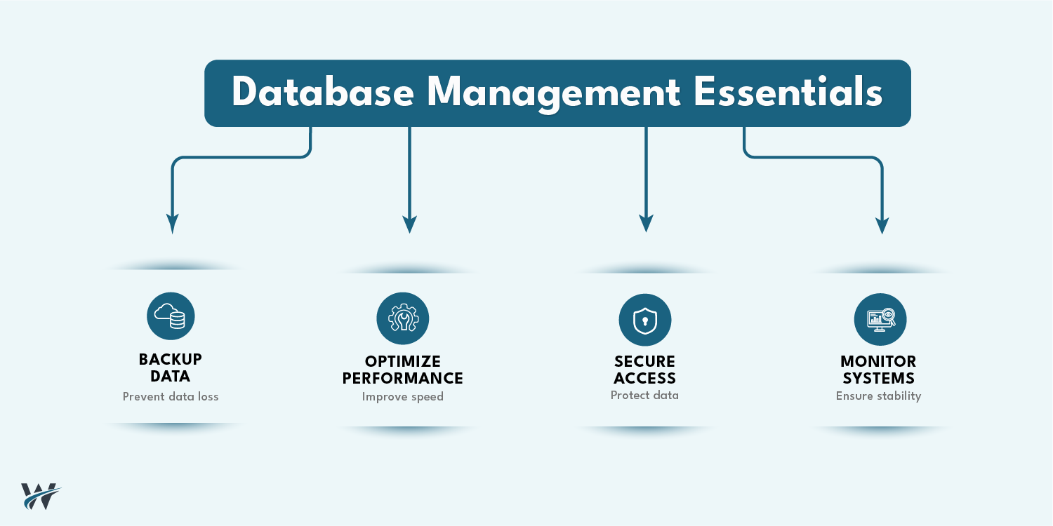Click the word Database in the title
point(322,93)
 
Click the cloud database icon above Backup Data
point(171,316)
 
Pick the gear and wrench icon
point(403,318)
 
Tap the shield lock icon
point(644,320)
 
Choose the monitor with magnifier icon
point(880,319)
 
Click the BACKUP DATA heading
point(171,368)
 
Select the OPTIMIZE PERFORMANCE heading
point(403,370)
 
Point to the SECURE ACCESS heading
point(644,370)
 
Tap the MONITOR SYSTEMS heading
point(878,370)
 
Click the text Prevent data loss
point(171,397)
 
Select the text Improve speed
point(403,397)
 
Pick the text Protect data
point(644,396)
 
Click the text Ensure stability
point(878,396)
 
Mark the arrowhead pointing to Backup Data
point(173,224)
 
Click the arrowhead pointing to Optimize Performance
point(410,224)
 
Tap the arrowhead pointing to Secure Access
point(647,223)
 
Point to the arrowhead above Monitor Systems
point(882,224)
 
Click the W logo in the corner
point(41,496)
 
